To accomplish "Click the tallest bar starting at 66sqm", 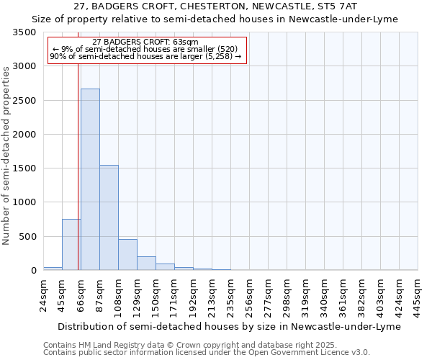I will pyautogui.click(x=90, y=179).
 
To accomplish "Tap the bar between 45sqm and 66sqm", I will pyautogui.click(x=71, y=245).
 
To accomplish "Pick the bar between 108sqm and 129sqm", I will pyautogui.click(x=127, y=255).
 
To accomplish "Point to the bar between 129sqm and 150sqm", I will pyautogui.click(x=146, y=264).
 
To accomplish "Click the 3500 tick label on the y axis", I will pyautogui.click(x=24, y=32).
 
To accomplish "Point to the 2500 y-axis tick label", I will pyautogui.click(x=24, y=101).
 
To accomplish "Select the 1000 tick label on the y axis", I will pyautogui.click(x=24, y=202).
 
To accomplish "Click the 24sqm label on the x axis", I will pyautogui.click(x=44, y=294).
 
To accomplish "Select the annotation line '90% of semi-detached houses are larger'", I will pyautogui.click(x=146, y=57).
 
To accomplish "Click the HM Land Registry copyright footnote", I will pyautogui.click(x=206, y=345).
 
